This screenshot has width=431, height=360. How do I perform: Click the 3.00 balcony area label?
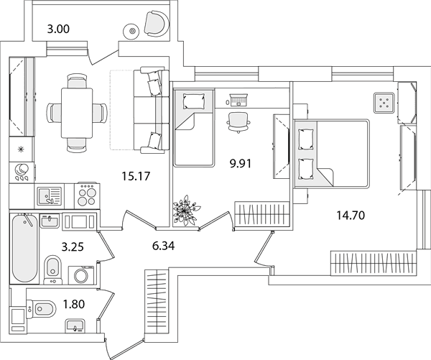pos(58,29)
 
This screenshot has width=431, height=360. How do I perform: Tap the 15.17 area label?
pos(136,176)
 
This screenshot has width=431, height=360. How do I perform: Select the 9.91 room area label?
pos(241,164)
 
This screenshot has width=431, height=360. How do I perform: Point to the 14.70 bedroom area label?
pos(351,215)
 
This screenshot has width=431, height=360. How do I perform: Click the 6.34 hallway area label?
pos(163,246)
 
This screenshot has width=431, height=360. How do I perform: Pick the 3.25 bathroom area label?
pos(73,246)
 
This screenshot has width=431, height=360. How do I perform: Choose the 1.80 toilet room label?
pos(74,304)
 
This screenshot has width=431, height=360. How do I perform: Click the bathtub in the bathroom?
pos(24,248)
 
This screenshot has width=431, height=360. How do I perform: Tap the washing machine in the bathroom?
pos(81,274)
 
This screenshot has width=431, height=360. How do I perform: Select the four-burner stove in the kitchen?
pos(87,195)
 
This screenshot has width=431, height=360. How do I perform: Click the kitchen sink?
pos(50,196)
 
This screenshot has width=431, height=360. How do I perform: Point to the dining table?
pos(78,113)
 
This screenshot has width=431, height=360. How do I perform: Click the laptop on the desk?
pos(238,100)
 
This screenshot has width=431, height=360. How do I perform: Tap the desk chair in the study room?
pos(238,122)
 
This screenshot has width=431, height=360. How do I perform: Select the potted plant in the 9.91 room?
pos(186,211)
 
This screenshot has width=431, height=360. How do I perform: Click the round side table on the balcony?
pos(132,31)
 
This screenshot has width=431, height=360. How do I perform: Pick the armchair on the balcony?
pos(156,24)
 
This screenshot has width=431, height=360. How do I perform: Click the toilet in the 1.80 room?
pos(41,308)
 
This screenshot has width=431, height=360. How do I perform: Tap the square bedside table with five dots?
pos(384,103)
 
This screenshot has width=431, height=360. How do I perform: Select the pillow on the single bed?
pos(194,101)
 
